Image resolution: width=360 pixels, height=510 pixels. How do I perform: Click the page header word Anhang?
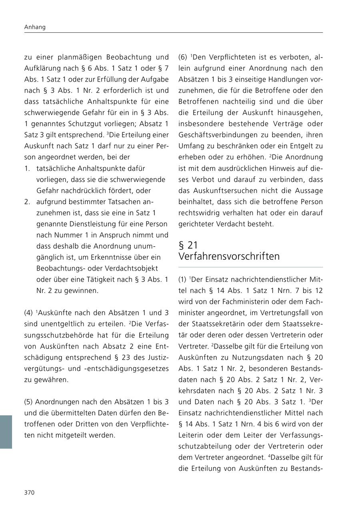click(x=35, y=27)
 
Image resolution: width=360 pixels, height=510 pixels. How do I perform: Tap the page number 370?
click(x=30, y=492)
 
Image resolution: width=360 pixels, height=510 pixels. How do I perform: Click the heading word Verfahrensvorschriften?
click(x=229, y=257)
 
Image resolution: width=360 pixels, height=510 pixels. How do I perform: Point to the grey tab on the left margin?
click(x=6, y=432)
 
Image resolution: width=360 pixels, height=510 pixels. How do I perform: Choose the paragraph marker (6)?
click(x=183, y=57)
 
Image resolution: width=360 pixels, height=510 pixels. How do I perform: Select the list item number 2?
click(x=27, y=202)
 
